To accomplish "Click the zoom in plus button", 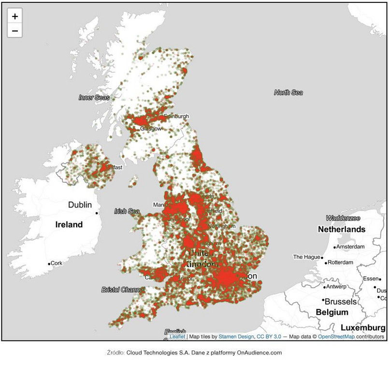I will (15, 16).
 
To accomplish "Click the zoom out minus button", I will (15, 31).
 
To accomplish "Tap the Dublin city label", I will (80, 205).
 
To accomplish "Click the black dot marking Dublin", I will (97, 213).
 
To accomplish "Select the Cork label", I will (57, 263).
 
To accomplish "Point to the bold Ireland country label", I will (69, 224).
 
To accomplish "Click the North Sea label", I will (288, 92).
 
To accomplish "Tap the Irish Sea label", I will (127, 211).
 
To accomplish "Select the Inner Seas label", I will (94, 98).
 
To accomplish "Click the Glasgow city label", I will (151, 129).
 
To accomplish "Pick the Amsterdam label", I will (351, 247).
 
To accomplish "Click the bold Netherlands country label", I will (341, 229).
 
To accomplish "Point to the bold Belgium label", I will (331, 312).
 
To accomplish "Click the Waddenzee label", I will (343, 218).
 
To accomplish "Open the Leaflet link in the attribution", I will (177, 337).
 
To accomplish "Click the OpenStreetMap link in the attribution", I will (336, 337).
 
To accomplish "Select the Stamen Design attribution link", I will (236, 337).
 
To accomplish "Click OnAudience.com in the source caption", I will (259, 353).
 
